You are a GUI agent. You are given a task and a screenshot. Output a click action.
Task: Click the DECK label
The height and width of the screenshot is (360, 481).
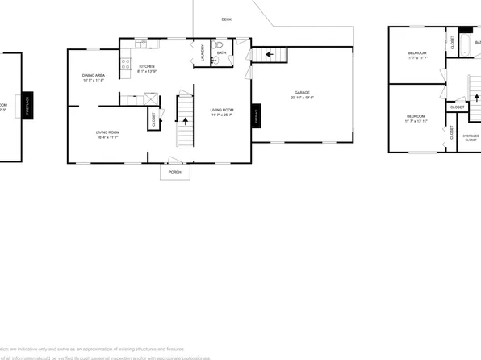pyautogui.click(x=227, y=19)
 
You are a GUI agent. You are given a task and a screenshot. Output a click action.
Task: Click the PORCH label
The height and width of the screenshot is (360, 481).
pyautogui.click(x=174, y=172)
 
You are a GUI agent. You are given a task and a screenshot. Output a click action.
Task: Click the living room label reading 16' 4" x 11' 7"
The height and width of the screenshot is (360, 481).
pyautogui.click(x=107, y=135)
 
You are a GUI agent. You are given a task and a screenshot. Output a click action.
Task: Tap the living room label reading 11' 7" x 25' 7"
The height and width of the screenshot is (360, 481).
pyautogui.click(x=222, y=112)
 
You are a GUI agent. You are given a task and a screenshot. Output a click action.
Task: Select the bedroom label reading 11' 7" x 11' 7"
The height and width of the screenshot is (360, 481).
pyautogui.click(x=416, y=56)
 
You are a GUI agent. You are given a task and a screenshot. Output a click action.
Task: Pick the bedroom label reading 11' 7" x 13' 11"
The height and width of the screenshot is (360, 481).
pyautogui.click(x=416, y=119)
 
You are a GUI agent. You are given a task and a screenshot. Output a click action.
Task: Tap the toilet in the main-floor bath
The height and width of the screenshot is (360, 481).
pyautogui.click(x=217, y=58)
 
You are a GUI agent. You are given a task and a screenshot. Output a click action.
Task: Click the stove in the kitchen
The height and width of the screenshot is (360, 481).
pyautogui.click(x=126, y=63)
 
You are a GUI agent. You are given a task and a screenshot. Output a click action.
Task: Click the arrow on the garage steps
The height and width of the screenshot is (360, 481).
pyautogui.click(x=270, y=54)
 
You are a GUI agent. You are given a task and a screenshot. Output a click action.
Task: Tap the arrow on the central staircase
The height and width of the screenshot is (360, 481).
pyautogui.click(x=186, y=120)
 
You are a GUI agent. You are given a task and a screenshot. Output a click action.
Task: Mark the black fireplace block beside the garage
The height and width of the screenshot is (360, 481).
pyautogui.click(x=257, y=115)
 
